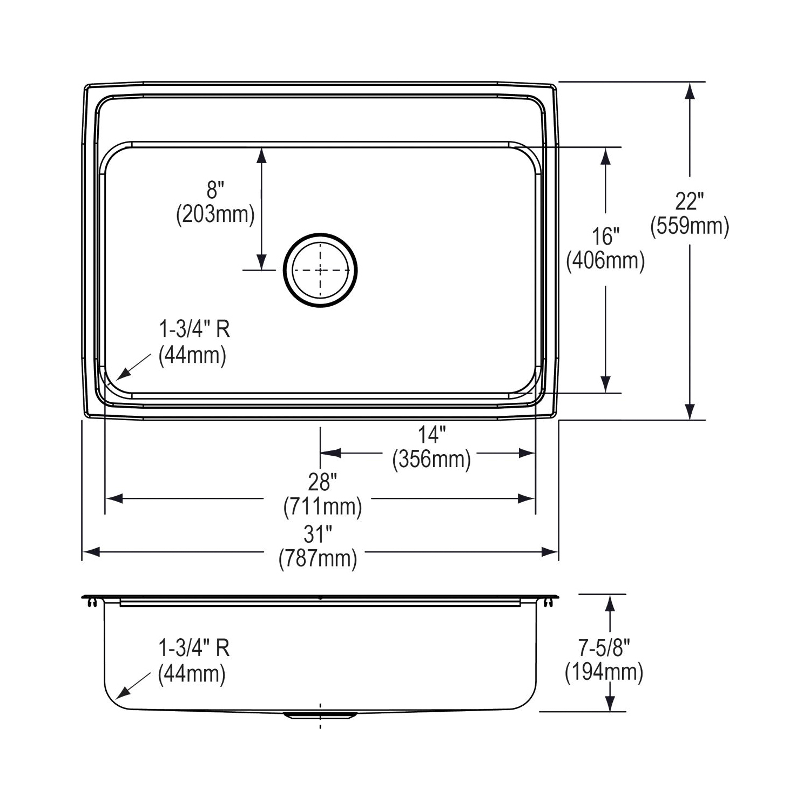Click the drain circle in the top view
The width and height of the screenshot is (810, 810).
[x=320, y=234]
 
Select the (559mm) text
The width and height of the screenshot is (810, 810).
[x=690, y=226]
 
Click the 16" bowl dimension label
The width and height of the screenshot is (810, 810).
[x=605, y=237]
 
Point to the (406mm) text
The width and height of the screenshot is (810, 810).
[x=605, y=261]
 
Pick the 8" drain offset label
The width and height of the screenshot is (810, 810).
[x=215, y=190]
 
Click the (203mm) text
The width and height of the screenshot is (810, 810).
[x=215, y=214]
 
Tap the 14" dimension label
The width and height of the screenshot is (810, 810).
[x=431, y=435]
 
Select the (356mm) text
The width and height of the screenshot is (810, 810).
[x=431, y=460]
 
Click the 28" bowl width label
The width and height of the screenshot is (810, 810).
[x=322, y=482]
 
